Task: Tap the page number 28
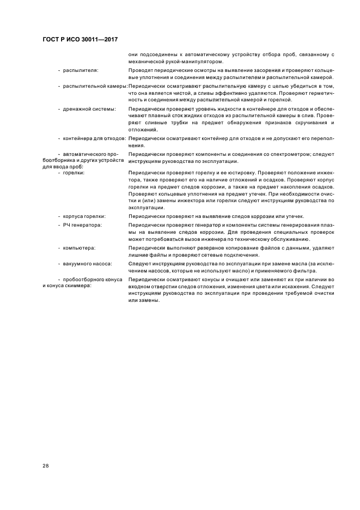click(46, 466)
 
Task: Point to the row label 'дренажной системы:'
click(89, 109)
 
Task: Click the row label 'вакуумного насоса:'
click(88, 263)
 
